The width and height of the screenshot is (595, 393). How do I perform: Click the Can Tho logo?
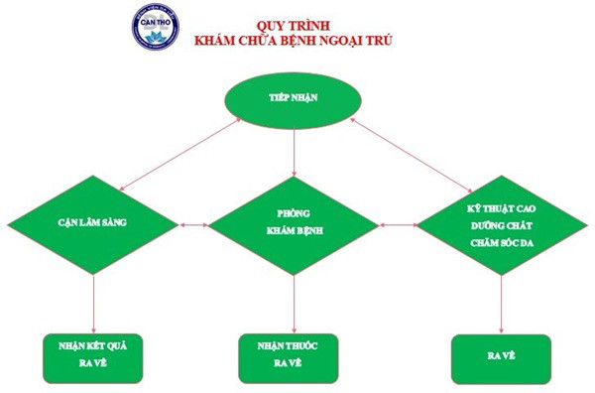(x=156, y=27)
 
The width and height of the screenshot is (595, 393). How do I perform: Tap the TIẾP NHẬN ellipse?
(x=295, y=99)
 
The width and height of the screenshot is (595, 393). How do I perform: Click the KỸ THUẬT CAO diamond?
(x=501, y=224)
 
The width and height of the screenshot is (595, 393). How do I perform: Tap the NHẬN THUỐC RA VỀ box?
(x=295, y=352)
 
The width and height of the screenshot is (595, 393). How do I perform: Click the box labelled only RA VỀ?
(x=500, y=352)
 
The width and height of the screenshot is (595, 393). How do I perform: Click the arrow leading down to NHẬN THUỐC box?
(x=295, y=304)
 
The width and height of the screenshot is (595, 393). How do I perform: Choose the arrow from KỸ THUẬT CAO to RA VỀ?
(x=501, y=304)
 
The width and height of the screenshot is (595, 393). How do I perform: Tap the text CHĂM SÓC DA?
(x=501, y=239)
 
